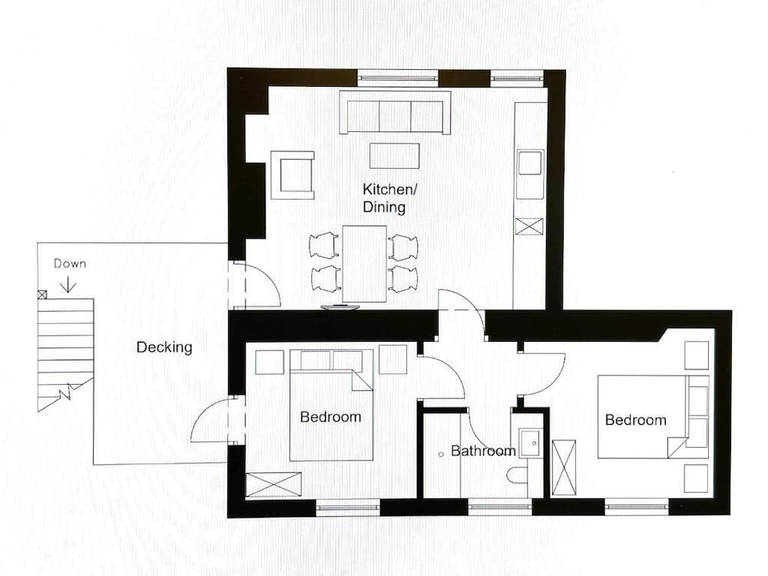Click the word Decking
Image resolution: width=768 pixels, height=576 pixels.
pos(164,348)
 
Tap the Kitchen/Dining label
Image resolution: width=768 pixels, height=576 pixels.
pos(384,197)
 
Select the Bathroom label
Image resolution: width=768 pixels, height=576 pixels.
pos(482,451)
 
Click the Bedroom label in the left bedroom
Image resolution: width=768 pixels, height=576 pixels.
pos(330,417)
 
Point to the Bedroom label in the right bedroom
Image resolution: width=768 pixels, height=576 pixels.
pos(635,420)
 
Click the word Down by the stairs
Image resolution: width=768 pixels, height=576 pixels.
pos(70,263)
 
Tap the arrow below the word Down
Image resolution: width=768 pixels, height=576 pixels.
pos(68,283)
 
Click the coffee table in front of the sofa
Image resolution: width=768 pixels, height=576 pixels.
pos(394,155)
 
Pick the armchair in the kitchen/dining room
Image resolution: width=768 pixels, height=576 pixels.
pos(293,175)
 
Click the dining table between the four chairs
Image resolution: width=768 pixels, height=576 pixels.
pos(364,263)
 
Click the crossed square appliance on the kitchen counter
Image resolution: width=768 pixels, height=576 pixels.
pos(529,226)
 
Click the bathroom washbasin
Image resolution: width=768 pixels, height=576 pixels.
pos(528,442)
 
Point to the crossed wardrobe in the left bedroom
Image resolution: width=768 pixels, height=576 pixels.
pos(273,485)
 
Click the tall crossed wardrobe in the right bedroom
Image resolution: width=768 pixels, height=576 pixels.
pos(564,467)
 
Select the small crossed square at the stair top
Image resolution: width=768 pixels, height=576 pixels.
pos(41,294)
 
